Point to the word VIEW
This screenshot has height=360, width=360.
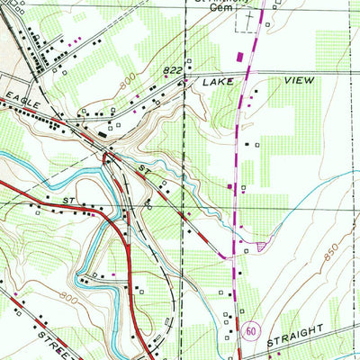[x=297, y=81]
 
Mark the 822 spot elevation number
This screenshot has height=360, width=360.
[x=173, y=68]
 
